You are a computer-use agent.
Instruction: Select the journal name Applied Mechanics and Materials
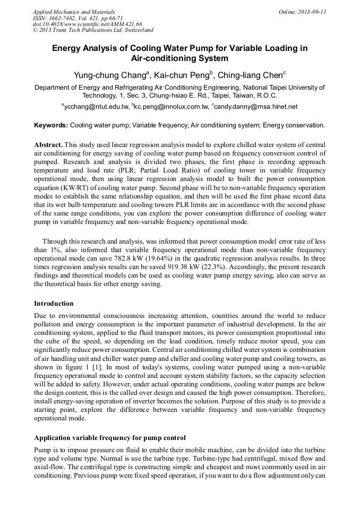click(74, 12)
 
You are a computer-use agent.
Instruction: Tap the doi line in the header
click(87, 24)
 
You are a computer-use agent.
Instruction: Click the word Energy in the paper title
click(65, 48)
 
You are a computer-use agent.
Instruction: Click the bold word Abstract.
click(48, 145)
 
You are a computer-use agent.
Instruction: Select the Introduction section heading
click(54, 304)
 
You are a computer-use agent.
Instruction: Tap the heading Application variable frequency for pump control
click(110, 438)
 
